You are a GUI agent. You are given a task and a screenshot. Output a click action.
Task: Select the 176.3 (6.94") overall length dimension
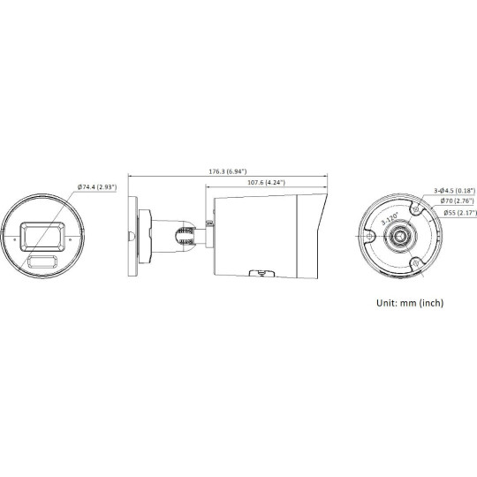pos(228,170)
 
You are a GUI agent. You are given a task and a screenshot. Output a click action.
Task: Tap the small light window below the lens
pos(42,262)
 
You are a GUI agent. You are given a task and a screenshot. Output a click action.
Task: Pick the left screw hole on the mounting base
pos(367,237)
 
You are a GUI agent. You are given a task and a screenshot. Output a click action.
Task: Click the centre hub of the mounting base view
pos(403,238)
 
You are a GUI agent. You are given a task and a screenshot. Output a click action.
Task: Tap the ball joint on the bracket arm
pos(185,235)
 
